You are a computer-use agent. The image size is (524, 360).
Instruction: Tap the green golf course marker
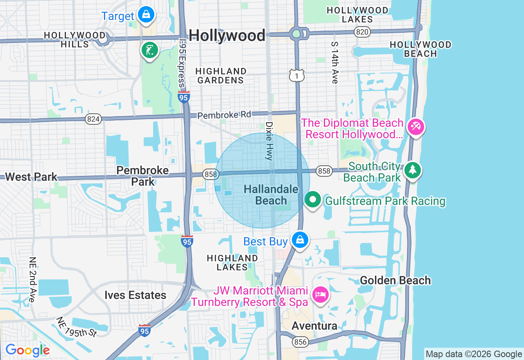(150, 50)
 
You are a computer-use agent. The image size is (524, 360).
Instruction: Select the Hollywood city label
(227, 36)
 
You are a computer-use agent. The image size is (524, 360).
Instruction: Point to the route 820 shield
(362, 32)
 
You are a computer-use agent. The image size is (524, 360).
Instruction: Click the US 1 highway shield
(297, 75)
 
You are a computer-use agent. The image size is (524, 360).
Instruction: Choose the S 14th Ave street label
(335, 63)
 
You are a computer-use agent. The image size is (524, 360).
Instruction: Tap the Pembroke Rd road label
(224, 115)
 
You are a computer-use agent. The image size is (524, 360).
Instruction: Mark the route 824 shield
(93, 119)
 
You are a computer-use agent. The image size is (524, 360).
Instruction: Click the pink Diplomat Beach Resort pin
(416, 126)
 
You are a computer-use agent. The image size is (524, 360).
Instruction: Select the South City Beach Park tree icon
(412, 170)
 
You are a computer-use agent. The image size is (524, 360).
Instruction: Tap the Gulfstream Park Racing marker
(313, 200)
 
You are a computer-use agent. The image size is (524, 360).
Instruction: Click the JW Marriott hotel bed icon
(320, 294)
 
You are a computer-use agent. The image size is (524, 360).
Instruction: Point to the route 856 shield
(300, 342)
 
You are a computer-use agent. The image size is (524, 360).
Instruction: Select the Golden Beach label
(395, 280)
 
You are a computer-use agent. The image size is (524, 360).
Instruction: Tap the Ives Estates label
(135, 295)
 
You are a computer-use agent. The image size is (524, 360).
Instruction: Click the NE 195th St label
(77, 327)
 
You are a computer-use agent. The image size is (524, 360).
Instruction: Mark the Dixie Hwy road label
(269, 141)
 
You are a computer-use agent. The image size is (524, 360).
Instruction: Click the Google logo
(27, 350)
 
